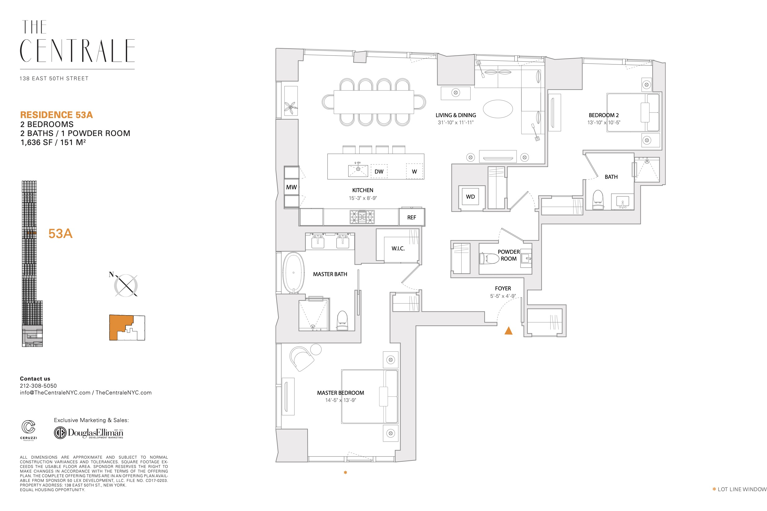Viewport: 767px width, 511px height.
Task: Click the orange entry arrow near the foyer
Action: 508,331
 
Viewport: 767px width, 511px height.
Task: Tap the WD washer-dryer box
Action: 470,197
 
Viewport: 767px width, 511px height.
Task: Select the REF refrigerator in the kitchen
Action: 412,217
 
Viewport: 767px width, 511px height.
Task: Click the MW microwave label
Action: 291,187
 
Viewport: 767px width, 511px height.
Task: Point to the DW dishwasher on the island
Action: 379,171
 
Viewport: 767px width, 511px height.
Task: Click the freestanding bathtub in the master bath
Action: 293,273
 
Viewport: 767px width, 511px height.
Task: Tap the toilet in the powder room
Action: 489,258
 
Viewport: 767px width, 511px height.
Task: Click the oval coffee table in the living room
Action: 498,109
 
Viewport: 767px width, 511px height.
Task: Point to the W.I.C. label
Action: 398,248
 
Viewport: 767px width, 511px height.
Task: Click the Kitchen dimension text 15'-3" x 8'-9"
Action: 363,198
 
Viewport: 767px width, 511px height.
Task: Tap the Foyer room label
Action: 503,289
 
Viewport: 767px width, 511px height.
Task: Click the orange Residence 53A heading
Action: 56,115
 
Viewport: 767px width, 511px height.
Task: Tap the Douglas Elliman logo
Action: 89,433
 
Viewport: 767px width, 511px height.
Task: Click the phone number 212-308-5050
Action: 38,385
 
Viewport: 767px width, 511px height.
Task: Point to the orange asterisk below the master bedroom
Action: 345,473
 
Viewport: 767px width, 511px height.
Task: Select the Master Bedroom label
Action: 341,393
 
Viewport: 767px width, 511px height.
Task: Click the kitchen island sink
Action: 358,170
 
